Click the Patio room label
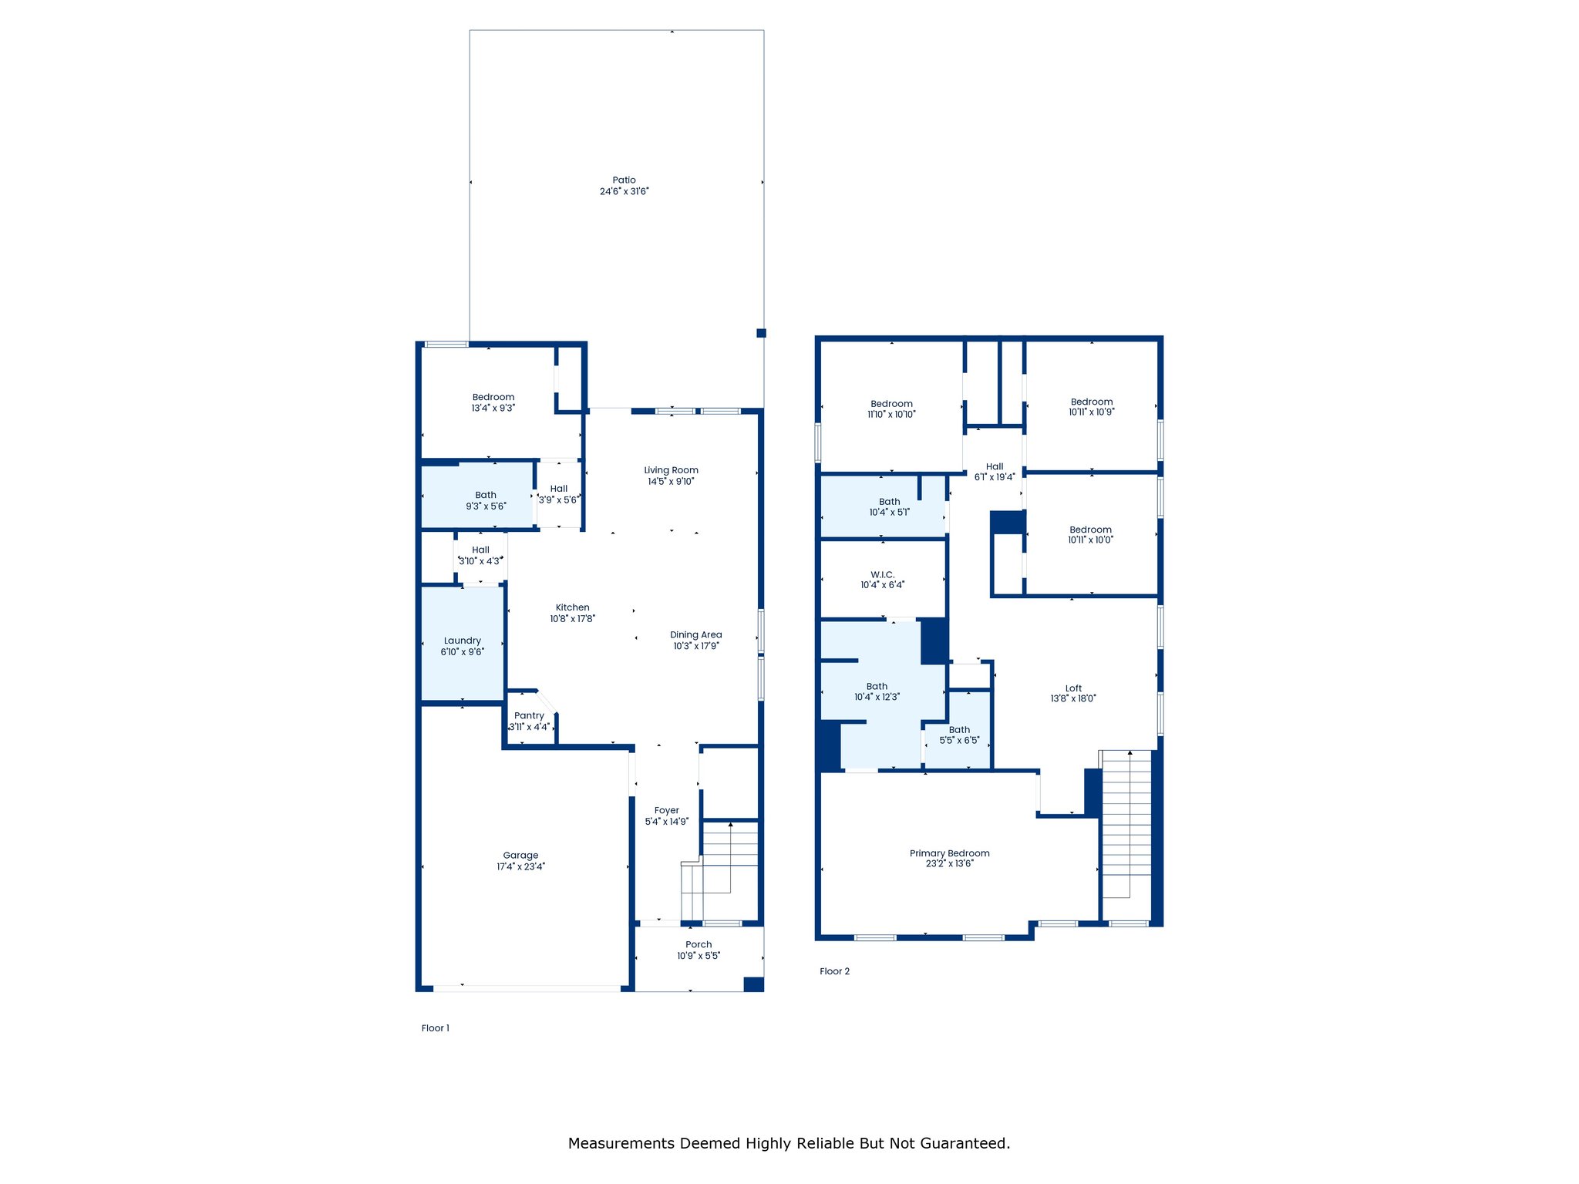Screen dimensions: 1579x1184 tap(625, 180)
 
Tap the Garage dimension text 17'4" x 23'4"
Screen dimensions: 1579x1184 tap(520, 866)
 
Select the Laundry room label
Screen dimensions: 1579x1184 tap(463, 641)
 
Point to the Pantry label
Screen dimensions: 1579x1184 tap(529, 716)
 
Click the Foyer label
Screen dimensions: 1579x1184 tap(667, 811)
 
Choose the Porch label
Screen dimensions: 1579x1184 tap(699, 944)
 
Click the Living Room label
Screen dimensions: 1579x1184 tap(672, 470)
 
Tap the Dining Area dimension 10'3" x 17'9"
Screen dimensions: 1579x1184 tap(696, 646)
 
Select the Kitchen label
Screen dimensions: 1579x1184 tap(572, 607)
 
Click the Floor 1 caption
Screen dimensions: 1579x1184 tap(436, 1028)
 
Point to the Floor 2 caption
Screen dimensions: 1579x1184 tap(834, 971)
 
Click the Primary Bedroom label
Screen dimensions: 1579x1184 tap(949, 853)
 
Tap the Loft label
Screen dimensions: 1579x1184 tap(1073, 688)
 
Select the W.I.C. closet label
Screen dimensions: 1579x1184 tap(883, 575)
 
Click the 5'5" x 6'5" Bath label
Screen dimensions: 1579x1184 tap(959, 735)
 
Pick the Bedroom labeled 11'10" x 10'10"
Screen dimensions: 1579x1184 tap(891, 409)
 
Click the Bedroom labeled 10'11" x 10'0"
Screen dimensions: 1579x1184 tap(1090, 535)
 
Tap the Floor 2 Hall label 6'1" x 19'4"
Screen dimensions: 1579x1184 tap(995, 472)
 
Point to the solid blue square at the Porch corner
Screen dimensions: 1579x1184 tap(753, 984)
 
